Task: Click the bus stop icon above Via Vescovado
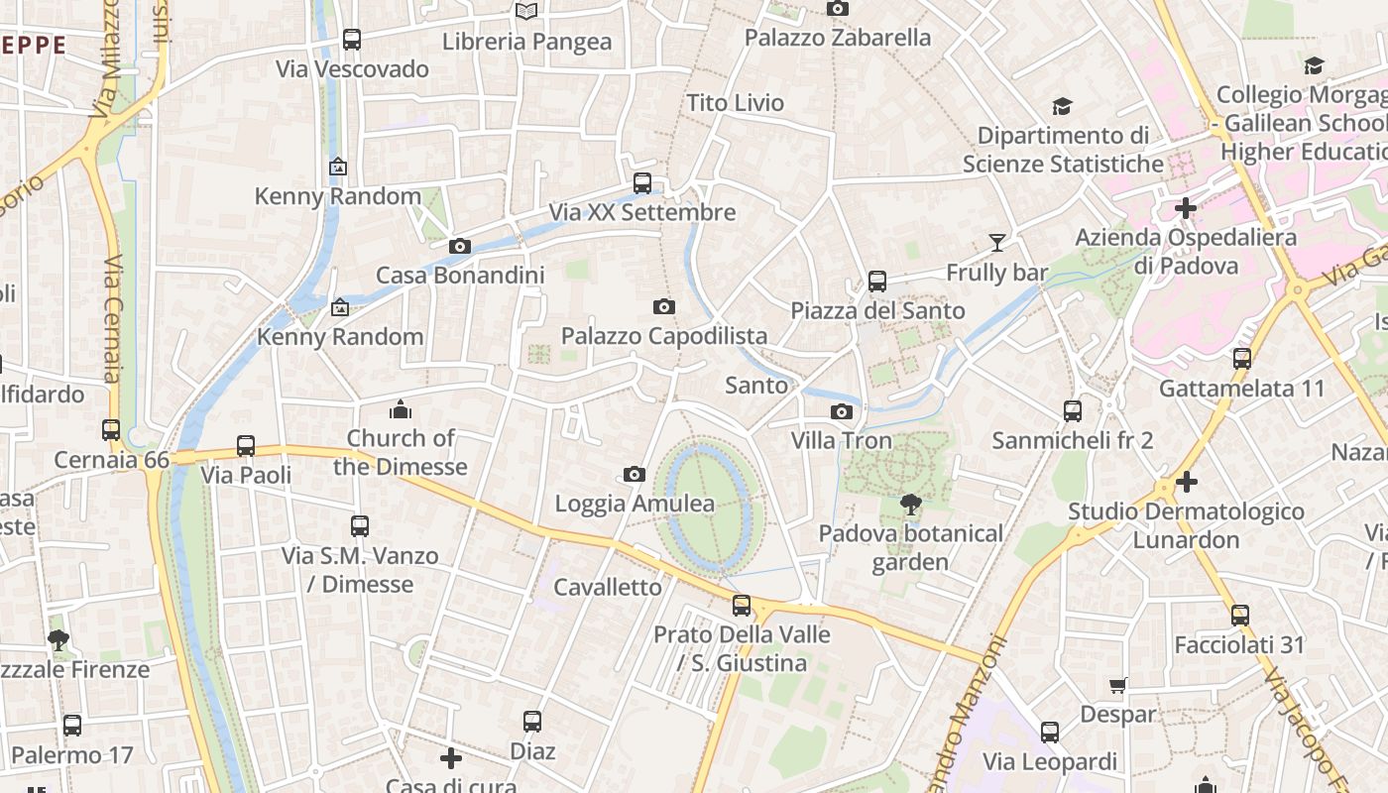pyautogui.click(x=352, y=40)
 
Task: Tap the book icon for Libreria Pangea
pyautogui.click(x=526, y=11)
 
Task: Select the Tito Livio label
pyautogui.click(x=736, y=103)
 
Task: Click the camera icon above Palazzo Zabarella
pyautogui.click(x=838, y=9)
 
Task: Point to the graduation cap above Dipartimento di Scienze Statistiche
pyautogui.click(x=1062, y=106)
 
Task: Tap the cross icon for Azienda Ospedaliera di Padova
pyautogui.click(x=1186, y=208)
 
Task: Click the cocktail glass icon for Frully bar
pyautogui.click(x=996, y=243)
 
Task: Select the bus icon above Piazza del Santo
pyautogui.click(x=877, y=282)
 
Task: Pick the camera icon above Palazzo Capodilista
pyautogui.click(x=664, y=307)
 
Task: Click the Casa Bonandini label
pyautogui.click(x=460, y=276)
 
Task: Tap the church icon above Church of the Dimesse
pyautogui.click(x=401, y=409)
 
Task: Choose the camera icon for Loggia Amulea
pyautogui.click(x=635, y=475)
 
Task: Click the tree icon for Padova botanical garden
pyautogui.click(x=910, y=505)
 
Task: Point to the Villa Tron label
pyautogui.click(x=842, y=440)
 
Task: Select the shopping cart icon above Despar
pyautogui.click(x=1118, y=685)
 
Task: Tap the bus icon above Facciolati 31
pyautogui.click(x=1239, y=616)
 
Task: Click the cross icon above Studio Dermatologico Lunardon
pyautogui.click(x=1187, y=483)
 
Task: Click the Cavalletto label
pyautogui.click(x=608, y=587)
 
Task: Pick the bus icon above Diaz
pyautogui.click(x=532, y=722)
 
